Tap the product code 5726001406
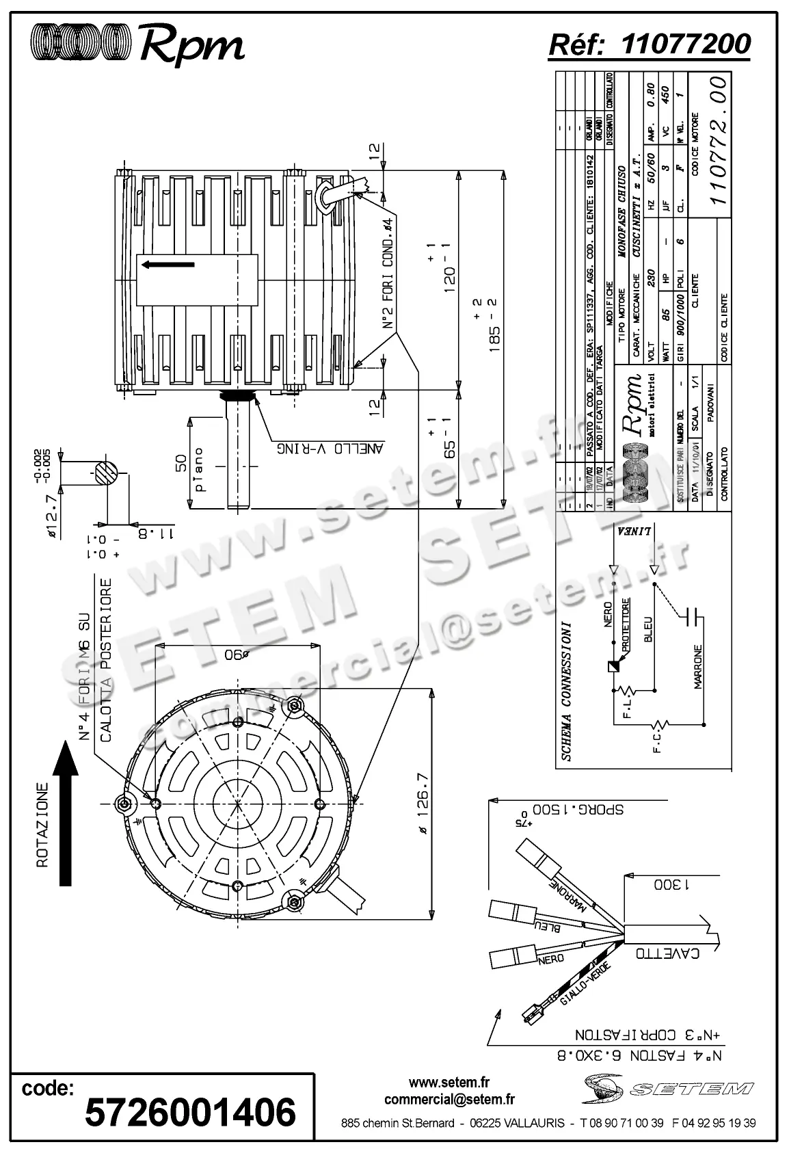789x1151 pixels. (x=190, y=1111)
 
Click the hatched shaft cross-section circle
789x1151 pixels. (x=105, y=471)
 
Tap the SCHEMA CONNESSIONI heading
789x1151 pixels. (x=567, y=692)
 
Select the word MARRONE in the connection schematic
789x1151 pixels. (x=698, y=666)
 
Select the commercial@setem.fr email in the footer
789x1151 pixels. (x=449, y=1099)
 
